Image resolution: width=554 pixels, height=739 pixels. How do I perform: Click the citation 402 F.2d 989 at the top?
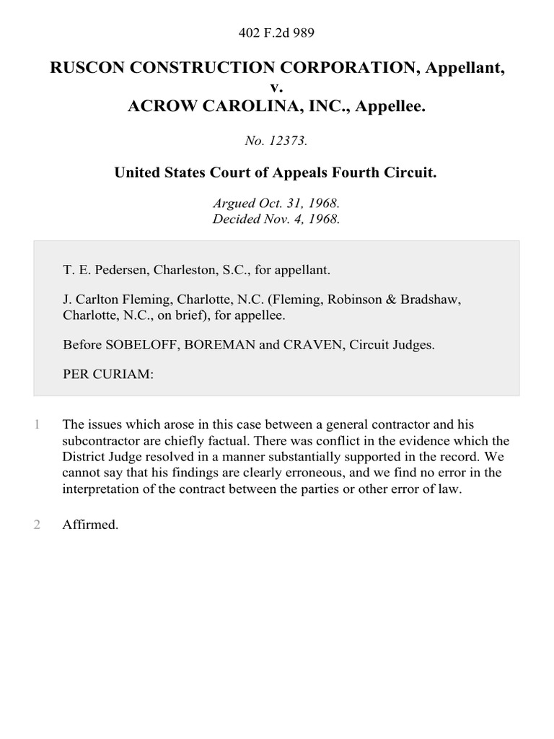[x=276, y=32]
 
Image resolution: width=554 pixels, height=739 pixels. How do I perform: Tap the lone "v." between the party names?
[x=276, y=87]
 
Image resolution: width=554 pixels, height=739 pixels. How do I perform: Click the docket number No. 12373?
[x=276, y=141]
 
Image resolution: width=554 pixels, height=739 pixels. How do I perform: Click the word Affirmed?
[x=90, y=525]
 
